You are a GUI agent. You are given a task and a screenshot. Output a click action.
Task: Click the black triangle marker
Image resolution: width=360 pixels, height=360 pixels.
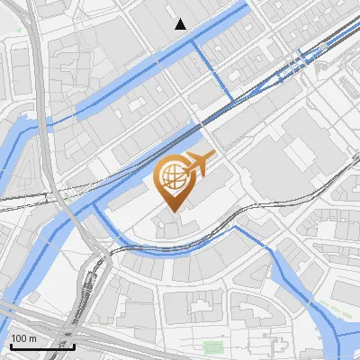[x=181, y=24]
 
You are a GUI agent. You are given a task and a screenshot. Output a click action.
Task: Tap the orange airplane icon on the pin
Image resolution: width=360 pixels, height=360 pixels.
[x=198, y=164]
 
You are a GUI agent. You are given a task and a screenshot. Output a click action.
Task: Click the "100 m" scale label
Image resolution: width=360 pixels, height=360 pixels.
[x=22, y=337]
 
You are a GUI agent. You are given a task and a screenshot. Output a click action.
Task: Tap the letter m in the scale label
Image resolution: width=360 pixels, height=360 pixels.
[x=32, y=337]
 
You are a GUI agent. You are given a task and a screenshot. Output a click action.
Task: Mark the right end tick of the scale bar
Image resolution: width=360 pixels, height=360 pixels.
[x=74, y=345]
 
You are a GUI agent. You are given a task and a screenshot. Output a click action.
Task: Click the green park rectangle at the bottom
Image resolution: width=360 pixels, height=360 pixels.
[x=212, y=346]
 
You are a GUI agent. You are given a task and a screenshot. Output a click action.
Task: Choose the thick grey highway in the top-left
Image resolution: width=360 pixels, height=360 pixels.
[x=36, y=54]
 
